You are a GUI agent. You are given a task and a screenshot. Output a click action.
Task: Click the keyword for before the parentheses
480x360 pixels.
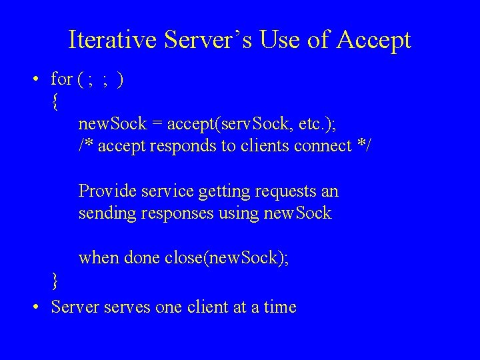coord(62,79)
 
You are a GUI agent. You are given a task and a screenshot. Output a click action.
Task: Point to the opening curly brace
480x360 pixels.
coord(54,102)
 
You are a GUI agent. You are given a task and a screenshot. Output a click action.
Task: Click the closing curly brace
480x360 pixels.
coord(54,281)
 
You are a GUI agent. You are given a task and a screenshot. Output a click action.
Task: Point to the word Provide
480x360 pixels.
coord(105,192)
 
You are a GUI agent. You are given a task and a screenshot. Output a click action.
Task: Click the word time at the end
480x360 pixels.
coord(279,307)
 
